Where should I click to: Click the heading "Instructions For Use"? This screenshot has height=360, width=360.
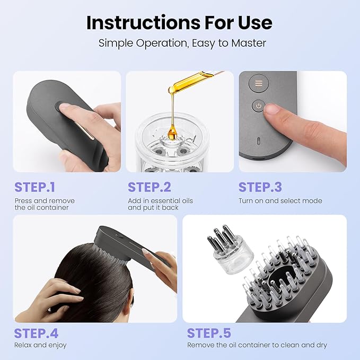pyautogui.click(x=179, y=22)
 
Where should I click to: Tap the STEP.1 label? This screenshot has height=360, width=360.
pyautogui.click(x=35, y=187)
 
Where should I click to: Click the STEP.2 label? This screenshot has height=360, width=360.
pyautogui.click(x=150, y=187)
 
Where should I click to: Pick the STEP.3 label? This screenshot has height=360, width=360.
pyautogui.click(x=260, y=187)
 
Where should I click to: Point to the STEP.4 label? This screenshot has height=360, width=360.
pyautogui.click(x=36, y=333)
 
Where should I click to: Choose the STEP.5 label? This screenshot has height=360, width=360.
pyautogui.click(x=209, y=333)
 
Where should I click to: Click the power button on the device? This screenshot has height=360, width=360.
pyautogui.click(x=259, y=106)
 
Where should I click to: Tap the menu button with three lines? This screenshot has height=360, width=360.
pyautogui.click(x=259, y=83)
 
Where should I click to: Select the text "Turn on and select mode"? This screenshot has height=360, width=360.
pyautogui.click(x=280, y=201)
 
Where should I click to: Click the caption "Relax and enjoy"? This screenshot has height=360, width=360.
pyautogui.click(x=40, y=345)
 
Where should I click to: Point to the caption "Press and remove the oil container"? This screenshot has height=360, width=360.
pyautogui.click(x=45, y=204)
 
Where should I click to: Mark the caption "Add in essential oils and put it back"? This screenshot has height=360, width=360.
pyautogui.click(x=160, y=204)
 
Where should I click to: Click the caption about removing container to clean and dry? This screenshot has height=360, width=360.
pyautogui.click(x=257, y=345)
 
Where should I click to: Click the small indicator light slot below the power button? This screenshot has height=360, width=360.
pyautogui.click(x=258, y=142)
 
